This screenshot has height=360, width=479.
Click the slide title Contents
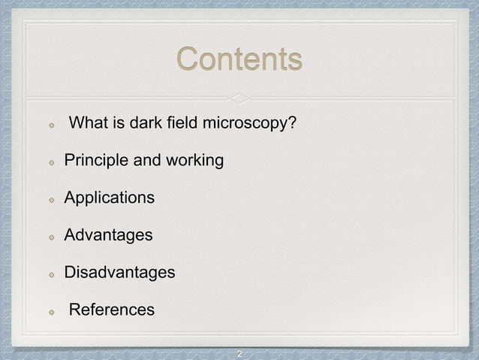239,59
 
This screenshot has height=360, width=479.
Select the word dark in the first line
146,123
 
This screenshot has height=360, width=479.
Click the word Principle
95,161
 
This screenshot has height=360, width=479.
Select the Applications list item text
110,198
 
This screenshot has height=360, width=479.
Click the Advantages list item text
108,235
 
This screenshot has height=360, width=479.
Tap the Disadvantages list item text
119,272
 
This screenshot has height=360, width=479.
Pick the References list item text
112,310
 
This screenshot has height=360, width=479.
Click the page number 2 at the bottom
239,353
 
